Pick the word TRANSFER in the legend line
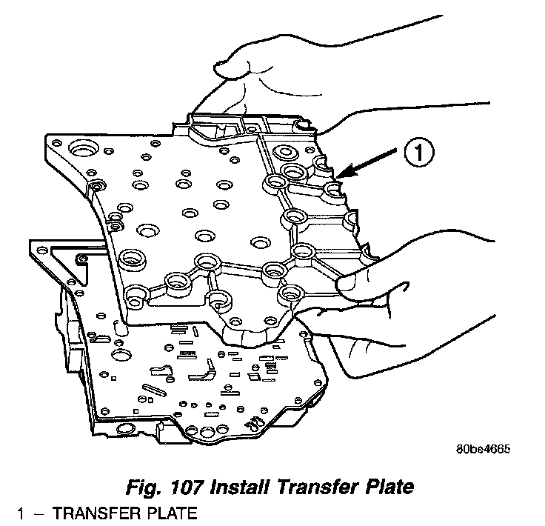[x=85, y=513]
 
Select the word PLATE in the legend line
[x=167, y=513]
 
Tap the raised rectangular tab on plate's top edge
[x=215, y=122]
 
